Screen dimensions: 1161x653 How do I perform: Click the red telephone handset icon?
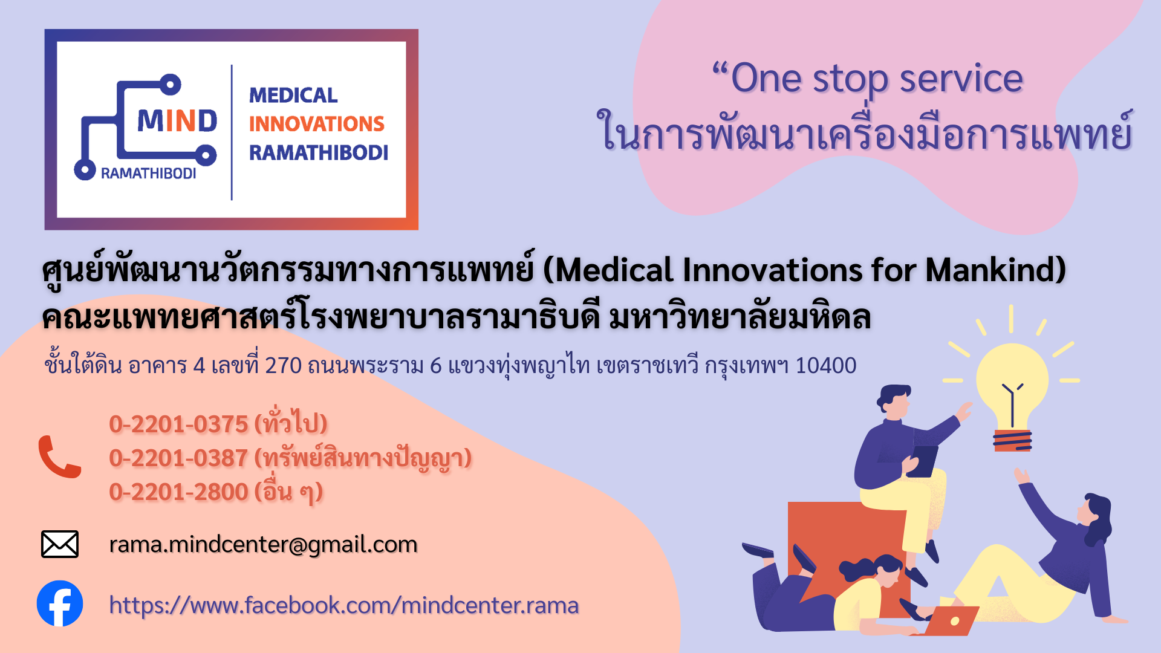59,456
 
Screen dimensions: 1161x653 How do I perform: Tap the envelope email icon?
60,544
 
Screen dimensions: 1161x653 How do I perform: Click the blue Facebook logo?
60,603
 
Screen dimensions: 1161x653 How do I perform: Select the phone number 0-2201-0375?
178,424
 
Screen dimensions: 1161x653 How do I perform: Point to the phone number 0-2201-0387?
178,458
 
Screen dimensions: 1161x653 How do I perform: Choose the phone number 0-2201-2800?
178,492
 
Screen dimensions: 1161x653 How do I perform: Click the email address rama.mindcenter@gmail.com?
263,545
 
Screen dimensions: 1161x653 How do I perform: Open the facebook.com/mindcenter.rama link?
344,605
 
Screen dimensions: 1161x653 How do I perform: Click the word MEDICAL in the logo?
293,96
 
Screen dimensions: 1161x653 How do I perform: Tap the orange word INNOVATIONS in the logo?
317,124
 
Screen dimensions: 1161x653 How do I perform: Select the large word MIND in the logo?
177,121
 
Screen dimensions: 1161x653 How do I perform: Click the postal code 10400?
825,366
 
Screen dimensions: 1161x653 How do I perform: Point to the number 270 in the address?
284,366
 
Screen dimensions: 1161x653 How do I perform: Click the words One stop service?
877,79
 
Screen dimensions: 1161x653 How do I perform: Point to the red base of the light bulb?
1012,440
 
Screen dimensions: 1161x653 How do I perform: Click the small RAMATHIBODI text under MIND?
148,174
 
